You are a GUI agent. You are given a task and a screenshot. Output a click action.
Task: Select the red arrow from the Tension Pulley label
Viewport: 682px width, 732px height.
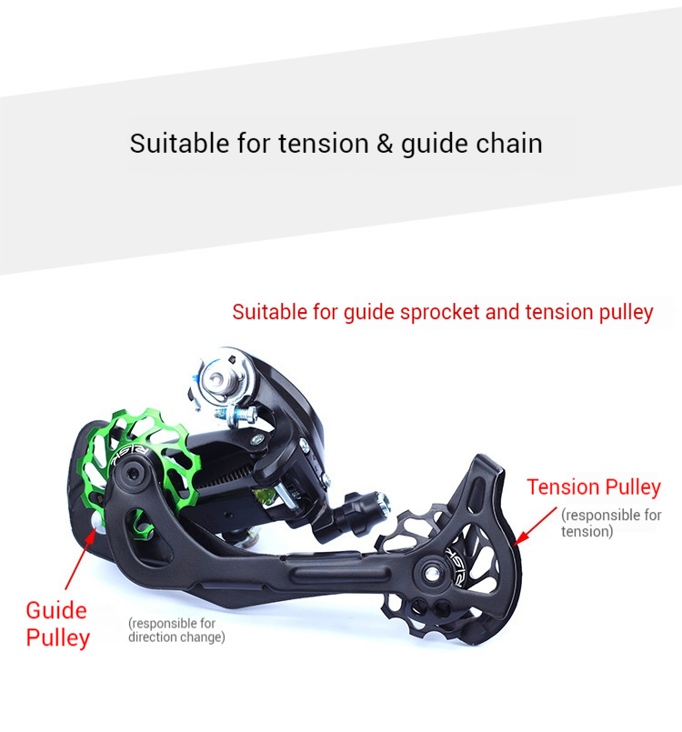point(536,526)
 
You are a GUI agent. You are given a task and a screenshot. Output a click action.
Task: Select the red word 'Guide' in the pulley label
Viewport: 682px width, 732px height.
point(56,610)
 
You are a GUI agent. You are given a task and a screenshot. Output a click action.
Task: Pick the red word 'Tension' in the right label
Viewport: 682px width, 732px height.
point(563,487)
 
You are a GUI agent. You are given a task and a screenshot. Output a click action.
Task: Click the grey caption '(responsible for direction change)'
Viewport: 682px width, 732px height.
point(176,630)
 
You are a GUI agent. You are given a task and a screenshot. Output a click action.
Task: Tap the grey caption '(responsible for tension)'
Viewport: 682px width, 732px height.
point(610,523)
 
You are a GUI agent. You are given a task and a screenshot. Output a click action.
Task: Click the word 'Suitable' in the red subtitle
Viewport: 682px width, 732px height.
point(271,312)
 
